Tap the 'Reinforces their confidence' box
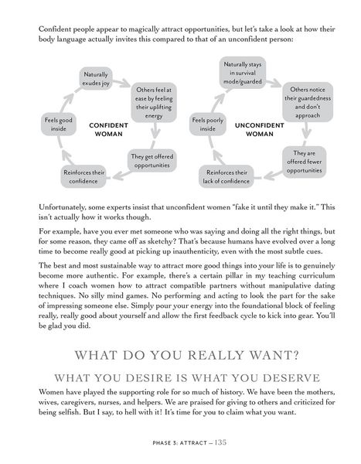[83, 176]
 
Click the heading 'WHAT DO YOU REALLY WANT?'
[180, 336]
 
